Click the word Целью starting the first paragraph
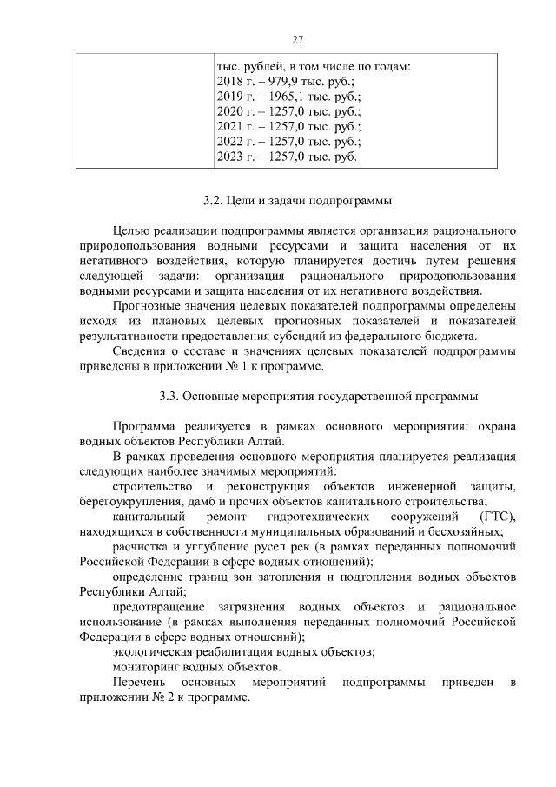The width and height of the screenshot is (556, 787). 131,231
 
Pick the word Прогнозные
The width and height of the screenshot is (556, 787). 147,307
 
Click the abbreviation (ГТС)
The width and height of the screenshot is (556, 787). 497,516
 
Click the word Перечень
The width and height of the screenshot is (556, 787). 140,683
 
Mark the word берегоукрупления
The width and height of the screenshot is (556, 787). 134,501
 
